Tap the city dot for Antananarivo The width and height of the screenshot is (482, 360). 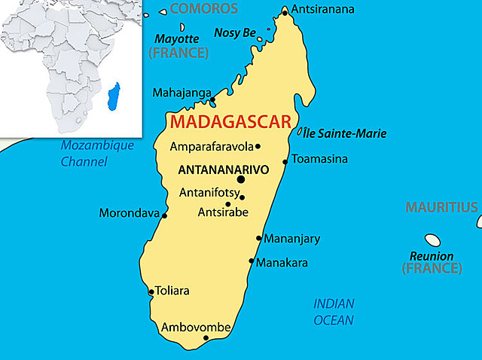(x=241, y=179)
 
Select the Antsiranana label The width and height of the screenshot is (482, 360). (x=322, y=10)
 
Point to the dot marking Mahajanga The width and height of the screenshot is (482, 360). (x=213, y=99)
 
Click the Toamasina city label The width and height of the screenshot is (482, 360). (x=320, y=159)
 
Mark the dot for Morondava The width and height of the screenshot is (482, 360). (x=165, y=215)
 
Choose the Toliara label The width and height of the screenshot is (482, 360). (x=172, y=291)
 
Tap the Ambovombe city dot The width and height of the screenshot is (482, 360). (x=206, y=338)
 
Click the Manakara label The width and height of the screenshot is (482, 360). (x=282, y=263)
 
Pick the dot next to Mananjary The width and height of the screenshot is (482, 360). (x=259, y=239)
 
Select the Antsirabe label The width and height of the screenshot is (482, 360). (x=222, y=213)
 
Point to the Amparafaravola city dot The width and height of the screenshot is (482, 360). (x=258, y=147)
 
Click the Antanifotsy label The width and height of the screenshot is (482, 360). (x=209, y=193)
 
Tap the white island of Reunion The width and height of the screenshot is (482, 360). (x=432, y=240)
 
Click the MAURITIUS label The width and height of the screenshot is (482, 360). (x=442, y=207)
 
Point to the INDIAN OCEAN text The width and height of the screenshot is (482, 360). (x=334, y=312)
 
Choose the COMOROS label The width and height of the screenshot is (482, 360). (x=203, y=9)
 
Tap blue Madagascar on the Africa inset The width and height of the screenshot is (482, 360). (x=114, y=96)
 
